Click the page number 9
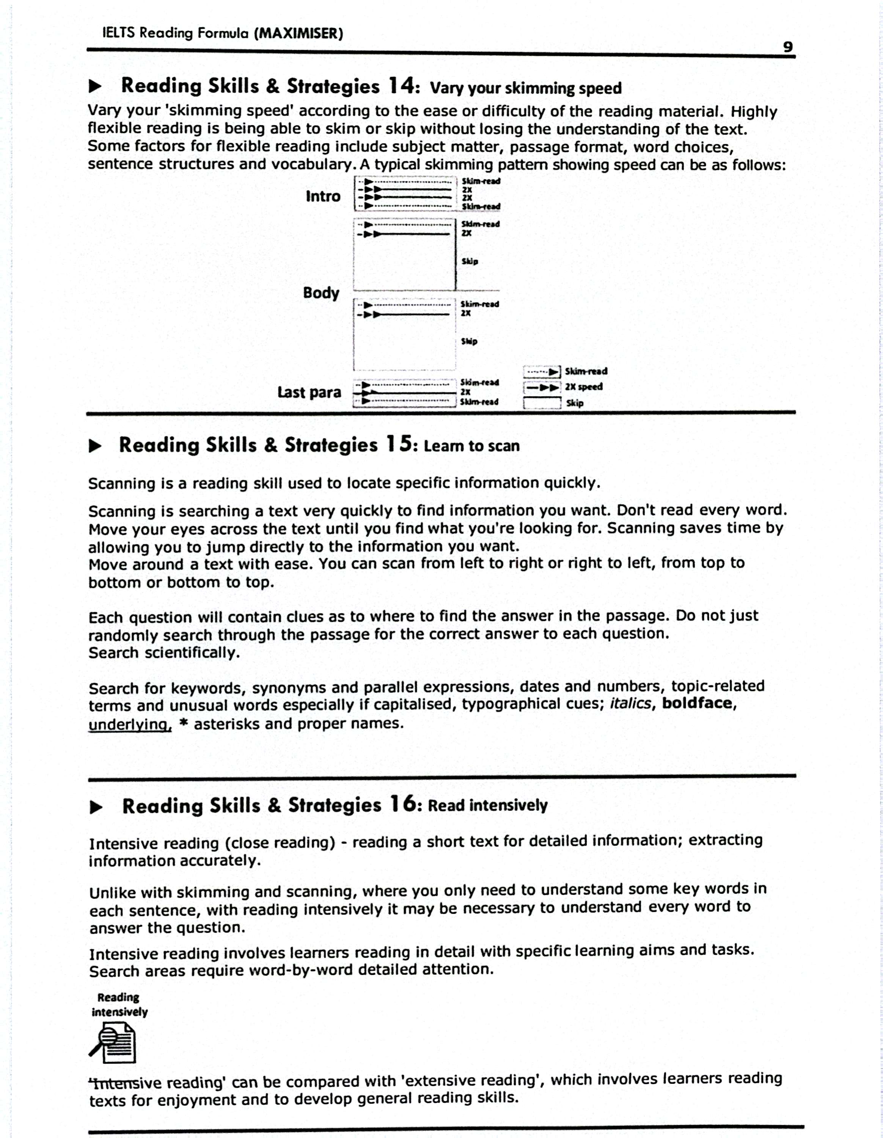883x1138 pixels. [x=788, y=47]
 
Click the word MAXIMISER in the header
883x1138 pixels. [x=299, y=33]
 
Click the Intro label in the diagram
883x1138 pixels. [x=323, y=196]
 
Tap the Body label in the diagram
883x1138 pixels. [x=321, y=292]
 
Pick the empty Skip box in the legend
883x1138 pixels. [x=542, y=403]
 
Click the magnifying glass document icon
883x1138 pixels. [x=113, y=1042]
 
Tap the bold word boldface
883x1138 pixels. [x=698, y=703]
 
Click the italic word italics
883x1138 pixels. [x=630, y=704]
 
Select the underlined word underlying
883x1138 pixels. [x=130, y=724]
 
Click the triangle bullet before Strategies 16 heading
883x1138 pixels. [x=96, y=808]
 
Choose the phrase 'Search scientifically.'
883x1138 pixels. [x=164, y=653]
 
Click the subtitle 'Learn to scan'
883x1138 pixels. [x=471, y=446]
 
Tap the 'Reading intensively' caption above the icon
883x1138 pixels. [x=119, y=1004]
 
